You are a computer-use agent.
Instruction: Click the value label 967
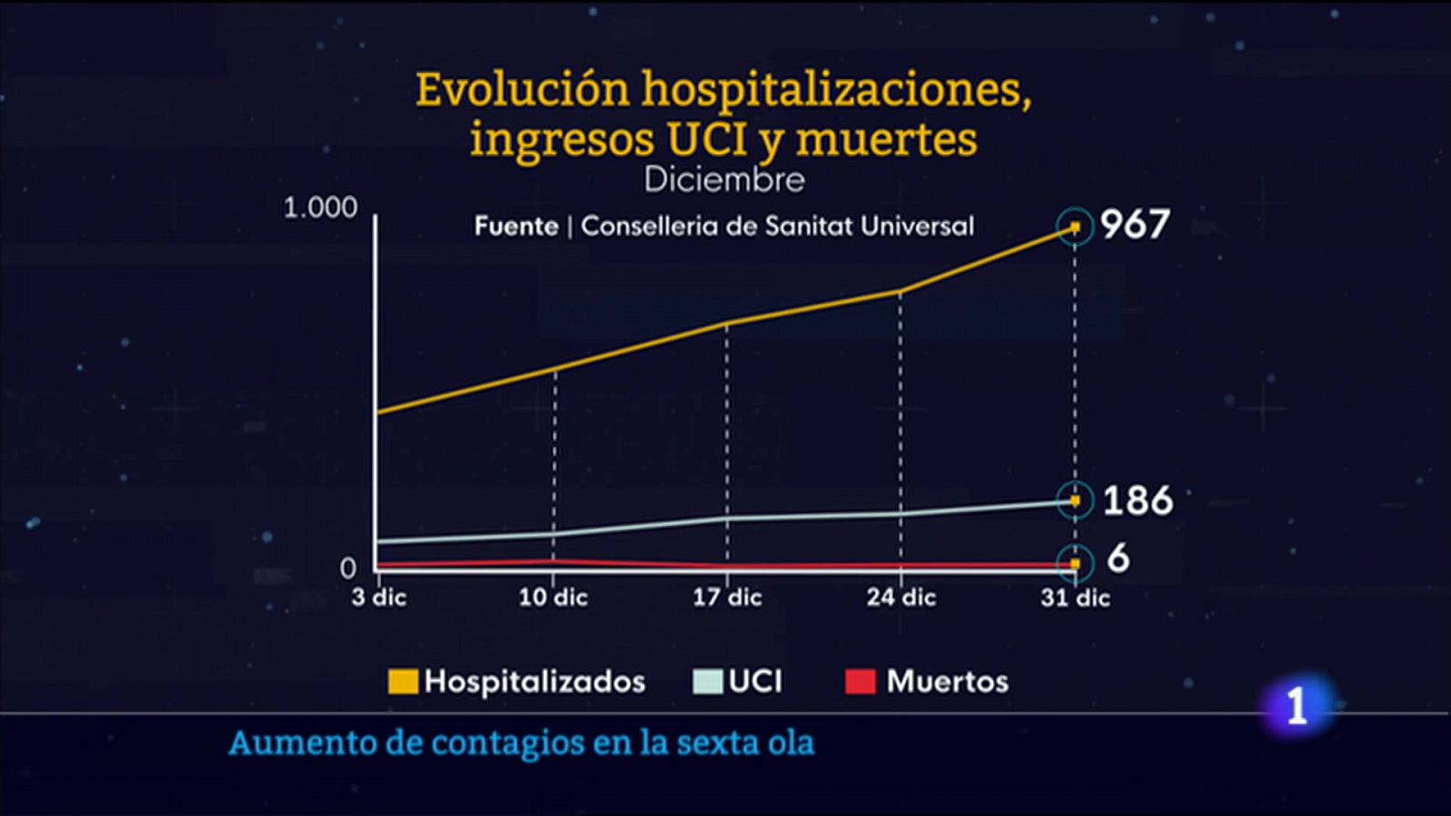click(1135, 225)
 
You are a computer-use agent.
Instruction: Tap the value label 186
click(1137, 500)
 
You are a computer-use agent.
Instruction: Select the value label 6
click(1118, 559)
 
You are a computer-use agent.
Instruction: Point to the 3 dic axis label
click(379, 597)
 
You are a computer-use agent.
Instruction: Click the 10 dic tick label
click(553, 597)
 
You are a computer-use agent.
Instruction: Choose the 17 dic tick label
click(727, 597)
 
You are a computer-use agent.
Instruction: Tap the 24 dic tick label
click(901, 597)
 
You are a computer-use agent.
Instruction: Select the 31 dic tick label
click(1076, 598)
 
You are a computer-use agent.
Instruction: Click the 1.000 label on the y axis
click(320, 208)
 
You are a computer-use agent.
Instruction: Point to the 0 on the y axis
click(347, 568)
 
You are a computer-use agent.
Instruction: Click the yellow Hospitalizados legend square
click(403, 681)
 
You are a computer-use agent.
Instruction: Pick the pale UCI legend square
click(707, 681)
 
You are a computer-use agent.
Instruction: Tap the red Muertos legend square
click(860, 681)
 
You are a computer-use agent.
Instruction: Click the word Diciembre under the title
click(724, 180)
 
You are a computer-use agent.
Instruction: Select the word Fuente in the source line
click(516, 227)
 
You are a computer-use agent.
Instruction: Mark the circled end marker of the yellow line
click(1076, 227)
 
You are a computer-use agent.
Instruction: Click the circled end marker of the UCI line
click(1076, 500)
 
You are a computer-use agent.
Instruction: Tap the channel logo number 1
click(1297, 705)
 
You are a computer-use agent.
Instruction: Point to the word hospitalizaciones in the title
click(835, 91)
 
